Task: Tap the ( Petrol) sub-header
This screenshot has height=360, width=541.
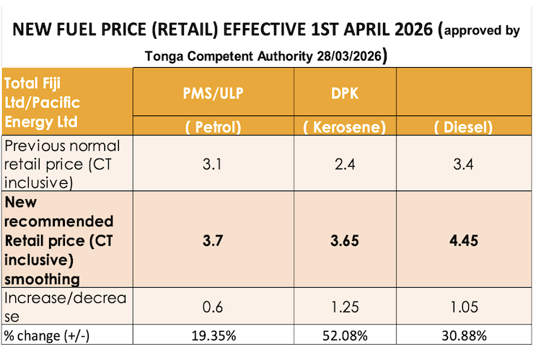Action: [x=212, y=127]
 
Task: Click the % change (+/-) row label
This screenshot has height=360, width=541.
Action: [x=48, y=335]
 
